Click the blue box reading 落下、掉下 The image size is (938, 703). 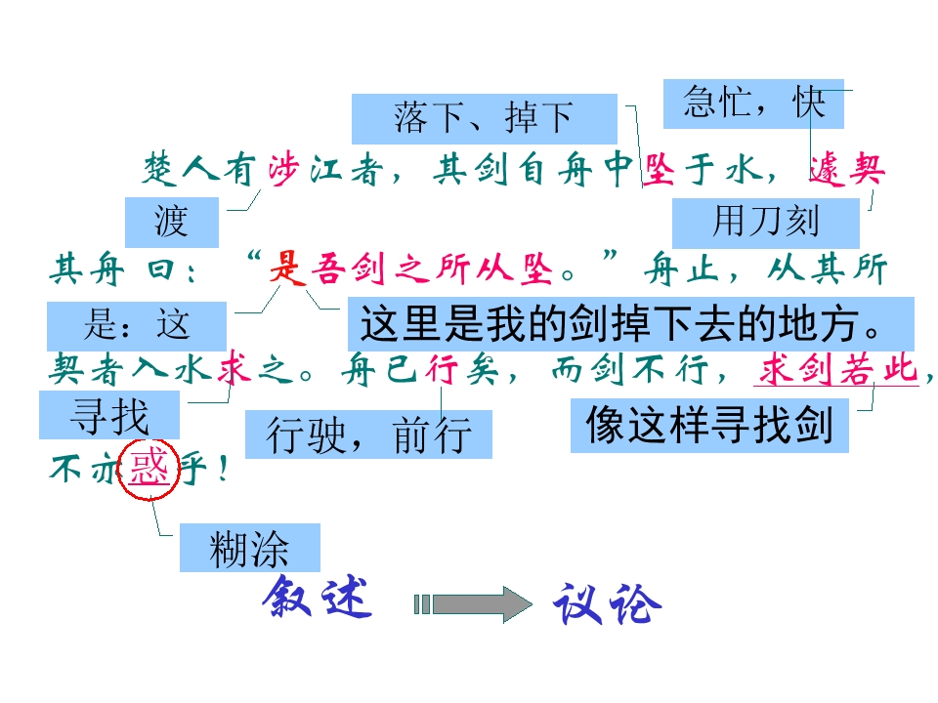[484, 118]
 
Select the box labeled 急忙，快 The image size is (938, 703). [753, 103]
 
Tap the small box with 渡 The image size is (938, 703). [172, 222]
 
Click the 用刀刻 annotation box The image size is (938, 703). [766, 223]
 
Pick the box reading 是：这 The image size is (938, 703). [137, 326]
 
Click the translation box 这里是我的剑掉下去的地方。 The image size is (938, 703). [630, 323]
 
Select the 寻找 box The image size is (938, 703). [109, 415]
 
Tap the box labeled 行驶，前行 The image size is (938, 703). [368, 434]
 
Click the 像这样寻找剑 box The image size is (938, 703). [709, 426]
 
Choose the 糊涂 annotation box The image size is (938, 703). [250, 548]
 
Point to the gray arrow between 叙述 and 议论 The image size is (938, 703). [473, 604]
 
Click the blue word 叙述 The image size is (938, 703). [317, 598]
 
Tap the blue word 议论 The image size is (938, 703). [608, 605]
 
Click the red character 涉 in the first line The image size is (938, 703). [283, 170]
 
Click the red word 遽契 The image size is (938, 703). [847, 169]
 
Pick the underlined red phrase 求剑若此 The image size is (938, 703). [837, 369]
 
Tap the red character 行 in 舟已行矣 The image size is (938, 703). [442, 369]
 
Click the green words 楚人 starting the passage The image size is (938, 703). [181, 169]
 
